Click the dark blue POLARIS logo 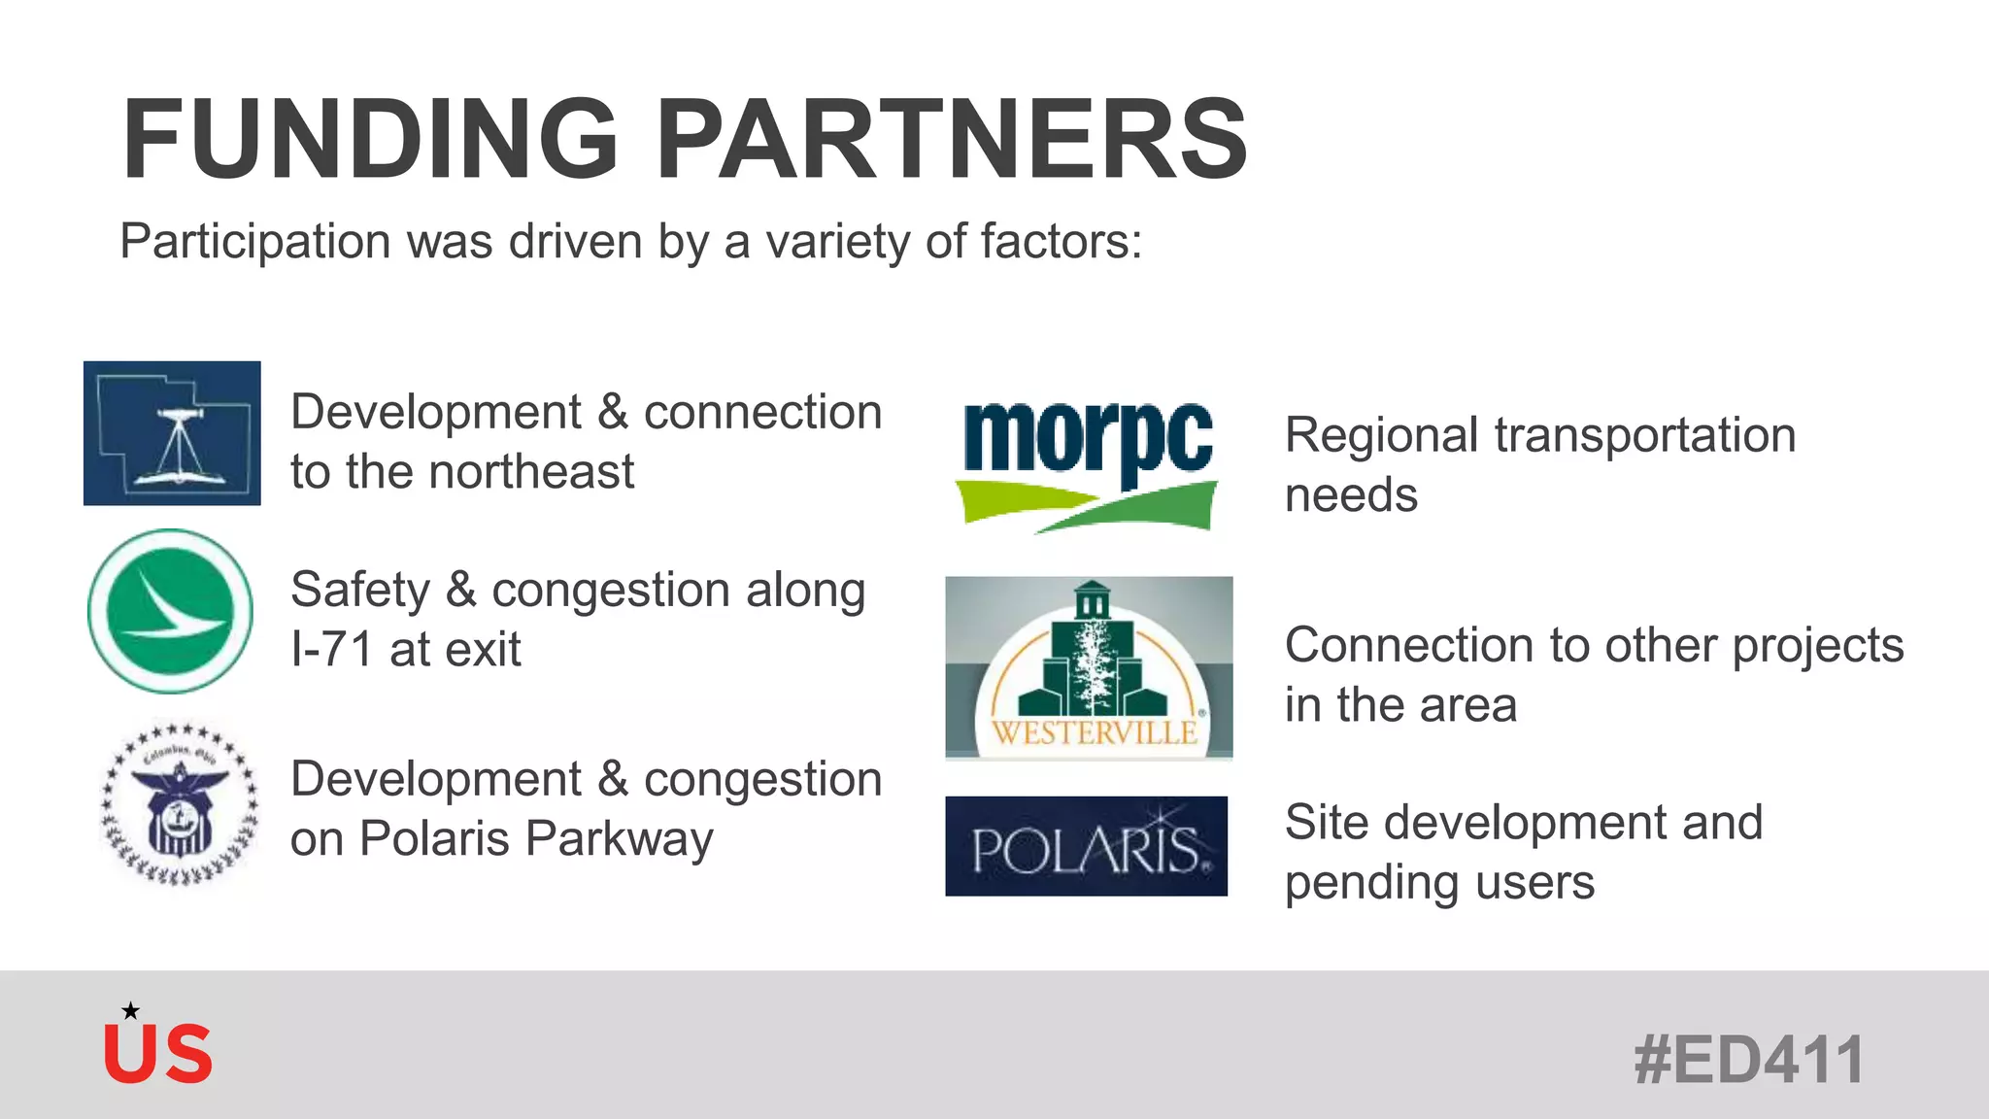tap(1086, 846)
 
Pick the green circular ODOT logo tap(171, 611)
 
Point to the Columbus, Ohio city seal tap(181, 803)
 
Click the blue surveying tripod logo tap(172, 433)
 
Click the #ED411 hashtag tap(1748, 1060)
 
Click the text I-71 tap(331, 649)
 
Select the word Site tap(1327, 823)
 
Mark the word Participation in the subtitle tap(254, 242)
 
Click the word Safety tap(359, 591)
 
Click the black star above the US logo tap(130, 1011)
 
